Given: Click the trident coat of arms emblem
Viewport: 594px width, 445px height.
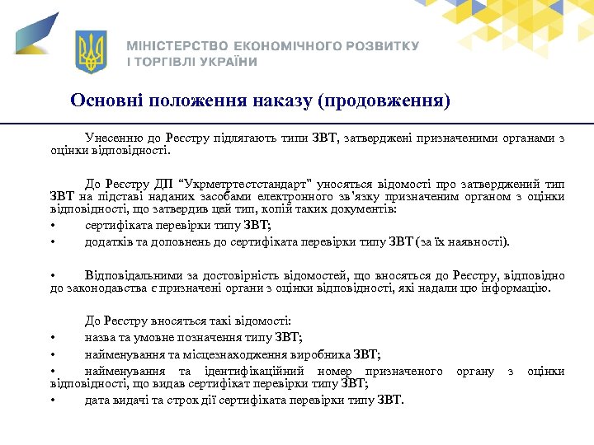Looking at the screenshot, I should [92, 52].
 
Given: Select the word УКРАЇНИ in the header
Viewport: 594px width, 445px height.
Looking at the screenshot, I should [224, 62].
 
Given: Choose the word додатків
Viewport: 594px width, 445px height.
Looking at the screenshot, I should [108, 241].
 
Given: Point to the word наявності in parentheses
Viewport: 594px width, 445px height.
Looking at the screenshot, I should [479, 241].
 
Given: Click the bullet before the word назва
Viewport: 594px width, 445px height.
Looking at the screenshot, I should [53, 337].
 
